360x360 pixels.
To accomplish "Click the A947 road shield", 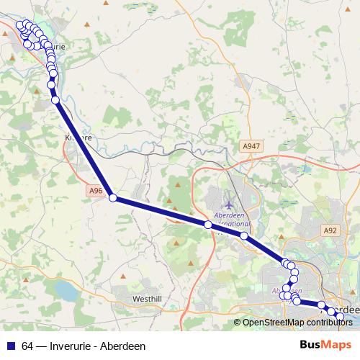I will click(250, 145).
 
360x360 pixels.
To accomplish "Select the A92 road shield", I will click(330, 230).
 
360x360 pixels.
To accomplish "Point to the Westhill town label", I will click(149, 298).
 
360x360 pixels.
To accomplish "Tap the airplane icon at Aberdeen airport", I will click(229, 207).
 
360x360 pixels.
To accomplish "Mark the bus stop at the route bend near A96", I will click(113, 198).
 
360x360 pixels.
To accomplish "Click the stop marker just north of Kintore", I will click(55, 101).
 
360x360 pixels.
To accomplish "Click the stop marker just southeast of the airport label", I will click(244, 235).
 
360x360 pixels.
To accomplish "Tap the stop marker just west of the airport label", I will click(208, 225).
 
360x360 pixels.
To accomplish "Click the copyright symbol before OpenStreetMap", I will click(237, 322).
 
